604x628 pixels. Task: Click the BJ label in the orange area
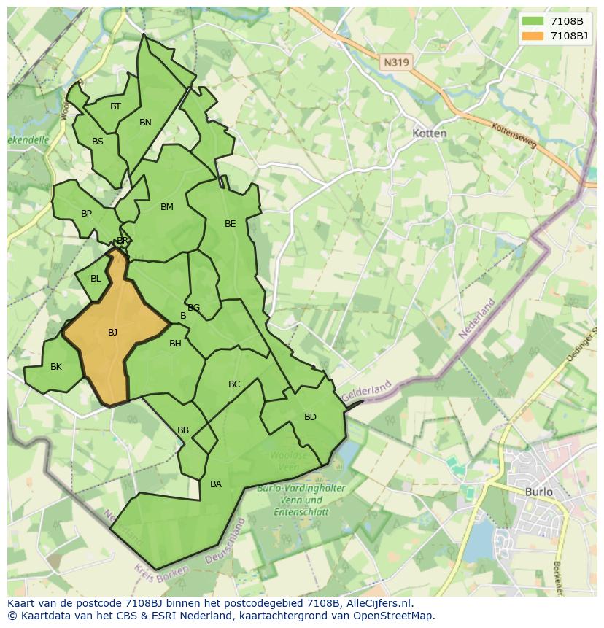[x=112, y=333]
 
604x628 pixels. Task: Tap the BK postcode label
[x=56, y=367]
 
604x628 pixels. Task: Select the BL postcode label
[x=96, y=279]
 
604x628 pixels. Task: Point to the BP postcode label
[x=86, y=214]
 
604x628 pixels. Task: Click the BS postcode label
[x=98, y=142]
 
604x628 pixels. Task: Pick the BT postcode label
[x=115, y=106]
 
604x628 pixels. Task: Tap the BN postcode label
[x=145, y=123]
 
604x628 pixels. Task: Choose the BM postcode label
[x=167, y=207]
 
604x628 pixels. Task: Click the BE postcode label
[x=231, y=224]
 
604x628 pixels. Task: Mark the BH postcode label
[x=175, y=344]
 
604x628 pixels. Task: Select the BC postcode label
[x=234, y=384]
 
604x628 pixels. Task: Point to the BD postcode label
[x=310, y=417]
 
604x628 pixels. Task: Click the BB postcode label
[x=183, y=430]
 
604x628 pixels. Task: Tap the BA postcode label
[x=216, y=484]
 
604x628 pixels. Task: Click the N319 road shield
[x=396, y=63]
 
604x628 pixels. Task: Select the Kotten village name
[x=430, y=133]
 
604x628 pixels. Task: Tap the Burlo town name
[x=539, y=492]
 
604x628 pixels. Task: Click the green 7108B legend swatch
[x=533, y=20]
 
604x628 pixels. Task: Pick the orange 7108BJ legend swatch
[x=533, y=36]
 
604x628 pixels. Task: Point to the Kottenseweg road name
[x=514, y=135]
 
